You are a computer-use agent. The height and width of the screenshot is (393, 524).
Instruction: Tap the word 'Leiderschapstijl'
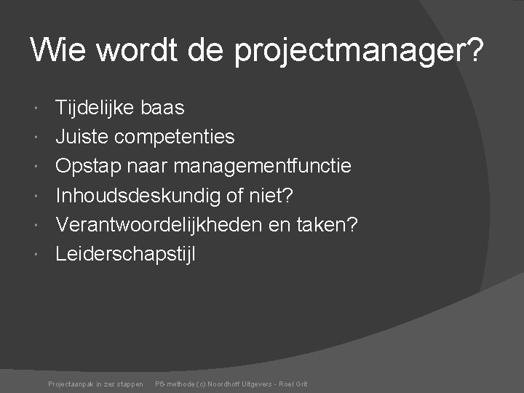coord(126,254)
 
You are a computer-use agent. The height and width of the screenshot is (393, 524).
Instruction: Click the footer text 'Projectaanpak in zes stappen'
coord(95,384)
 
